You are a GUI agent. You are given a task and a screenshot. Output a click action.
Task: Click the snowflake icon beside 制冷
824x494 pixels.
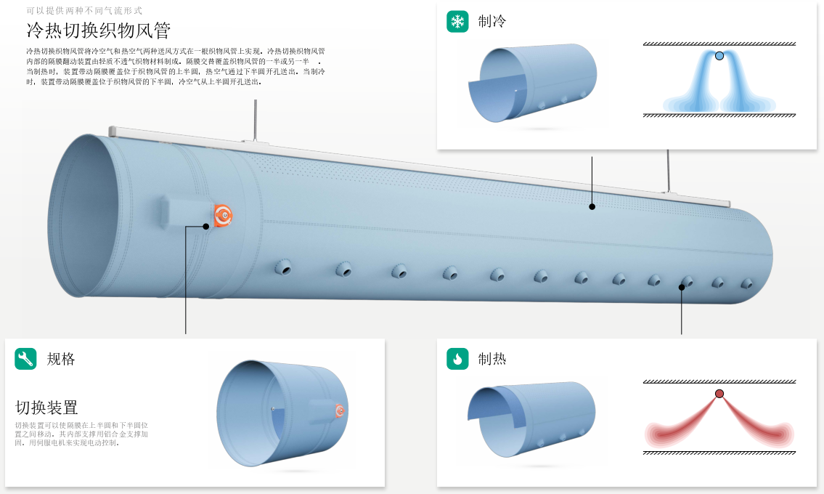457,21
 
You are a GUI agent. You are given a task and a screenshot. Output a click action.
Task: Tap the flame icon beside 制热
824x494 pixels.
457,358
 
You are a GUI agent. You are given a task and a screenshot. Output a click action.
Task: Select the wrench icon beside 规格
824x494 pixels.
25,358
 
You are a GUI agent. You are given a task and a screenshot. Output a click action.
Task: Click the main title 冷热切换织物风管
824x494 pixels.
98,31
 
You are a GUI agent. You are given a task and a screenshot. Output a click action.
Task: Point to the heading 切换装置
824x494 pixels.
46,407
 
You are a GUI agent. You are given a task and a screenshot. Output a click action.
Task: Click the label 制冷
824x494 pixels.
492,21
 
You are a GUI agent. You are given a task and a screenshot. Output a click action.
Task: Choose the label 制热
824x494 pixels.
492,359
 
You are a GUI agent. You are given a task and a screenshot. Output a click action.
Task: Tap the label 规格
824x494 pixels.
61,359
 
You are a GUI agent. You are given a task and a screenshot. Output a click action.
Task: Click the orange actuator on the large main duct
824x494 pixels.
224,215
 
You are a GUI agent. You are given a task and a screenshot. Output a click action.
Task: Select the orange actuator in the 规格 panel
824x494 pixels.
339,411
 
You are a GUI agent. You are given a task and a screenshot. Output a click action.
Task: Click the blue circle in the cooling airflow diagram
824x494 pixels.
719,56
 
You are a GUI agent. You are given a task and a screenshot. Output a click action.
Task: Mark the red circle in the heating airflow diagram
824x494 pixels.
719,394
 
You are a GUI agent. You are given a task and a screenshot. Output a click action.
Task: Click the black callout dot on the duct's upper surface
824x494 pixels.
592,207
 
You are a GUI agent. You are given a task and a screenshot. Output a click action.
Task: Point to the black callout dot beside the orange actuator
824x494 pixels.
206,226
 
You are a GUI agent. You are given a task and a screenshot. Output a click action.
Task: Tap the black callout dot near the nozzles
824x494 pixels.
682,288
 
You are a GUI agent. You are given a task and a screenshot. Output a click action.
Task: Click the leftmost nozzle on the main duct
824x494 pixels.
283,269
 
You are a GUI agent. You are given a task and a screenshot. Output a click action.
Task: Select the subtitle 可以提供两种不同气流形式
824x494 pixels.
84,11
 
